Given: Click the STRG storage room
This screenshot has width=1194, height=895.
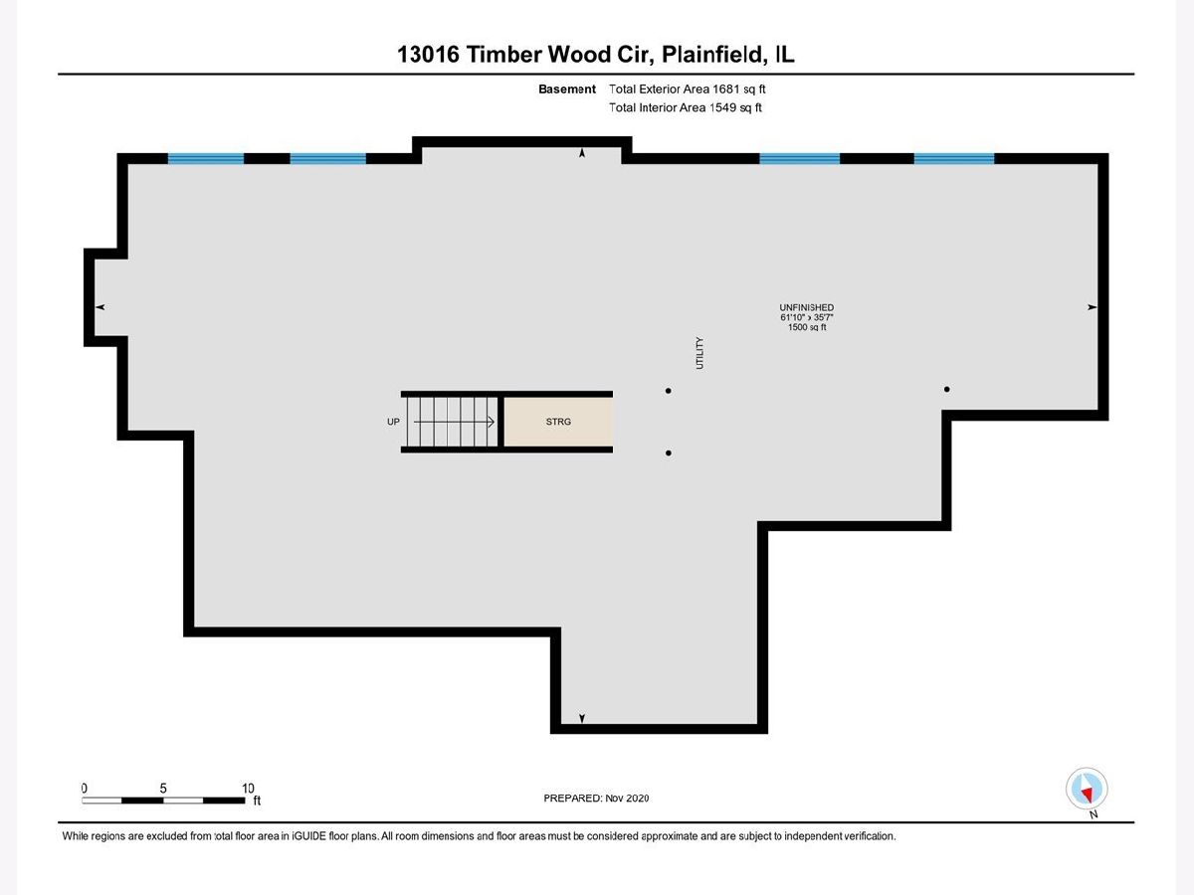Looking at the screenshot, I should [x=557, y=423].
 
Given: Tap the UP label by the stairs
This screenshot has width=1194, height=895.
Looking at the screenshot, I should [x=393, y=423].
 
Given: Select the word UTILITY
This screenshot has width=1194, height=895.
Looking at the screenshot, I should [x=700, y=353].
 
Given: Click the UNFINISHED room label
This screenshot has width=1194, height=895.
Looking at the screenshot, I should [x=807, y=307].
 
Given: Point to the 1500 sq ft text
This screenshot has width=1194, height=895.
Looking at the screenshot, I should [x=807, y=327].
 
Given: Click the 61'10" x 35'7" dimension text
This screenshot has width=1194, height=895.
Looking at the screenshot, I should [x=807, y=317].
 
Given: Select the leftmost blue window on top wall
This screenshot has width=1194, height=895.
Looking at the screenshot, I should [x=206, y=158].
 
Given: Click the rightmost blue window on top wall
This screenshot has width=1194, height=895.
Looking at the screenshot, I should [x=954, y=158].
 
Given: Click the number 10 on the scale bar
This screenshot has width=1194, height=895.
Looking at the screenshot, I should [x=248, y=788].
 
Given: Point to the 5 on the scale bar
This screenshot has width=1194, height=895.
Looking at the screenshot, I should [x=163, y=788].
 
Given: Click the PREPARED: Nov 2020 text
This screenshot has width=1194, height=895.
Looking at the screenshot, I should [x=596, y=798].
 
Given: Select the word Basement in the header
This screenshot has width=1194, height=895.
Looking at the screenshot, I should [x=567, y=89].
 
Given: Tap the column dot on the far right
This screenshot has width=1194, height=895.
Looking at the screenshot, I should [x=947, y=389].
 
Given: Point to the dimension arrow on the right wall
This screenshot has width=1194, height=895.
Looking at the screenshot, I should [x=1092, y=307].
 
